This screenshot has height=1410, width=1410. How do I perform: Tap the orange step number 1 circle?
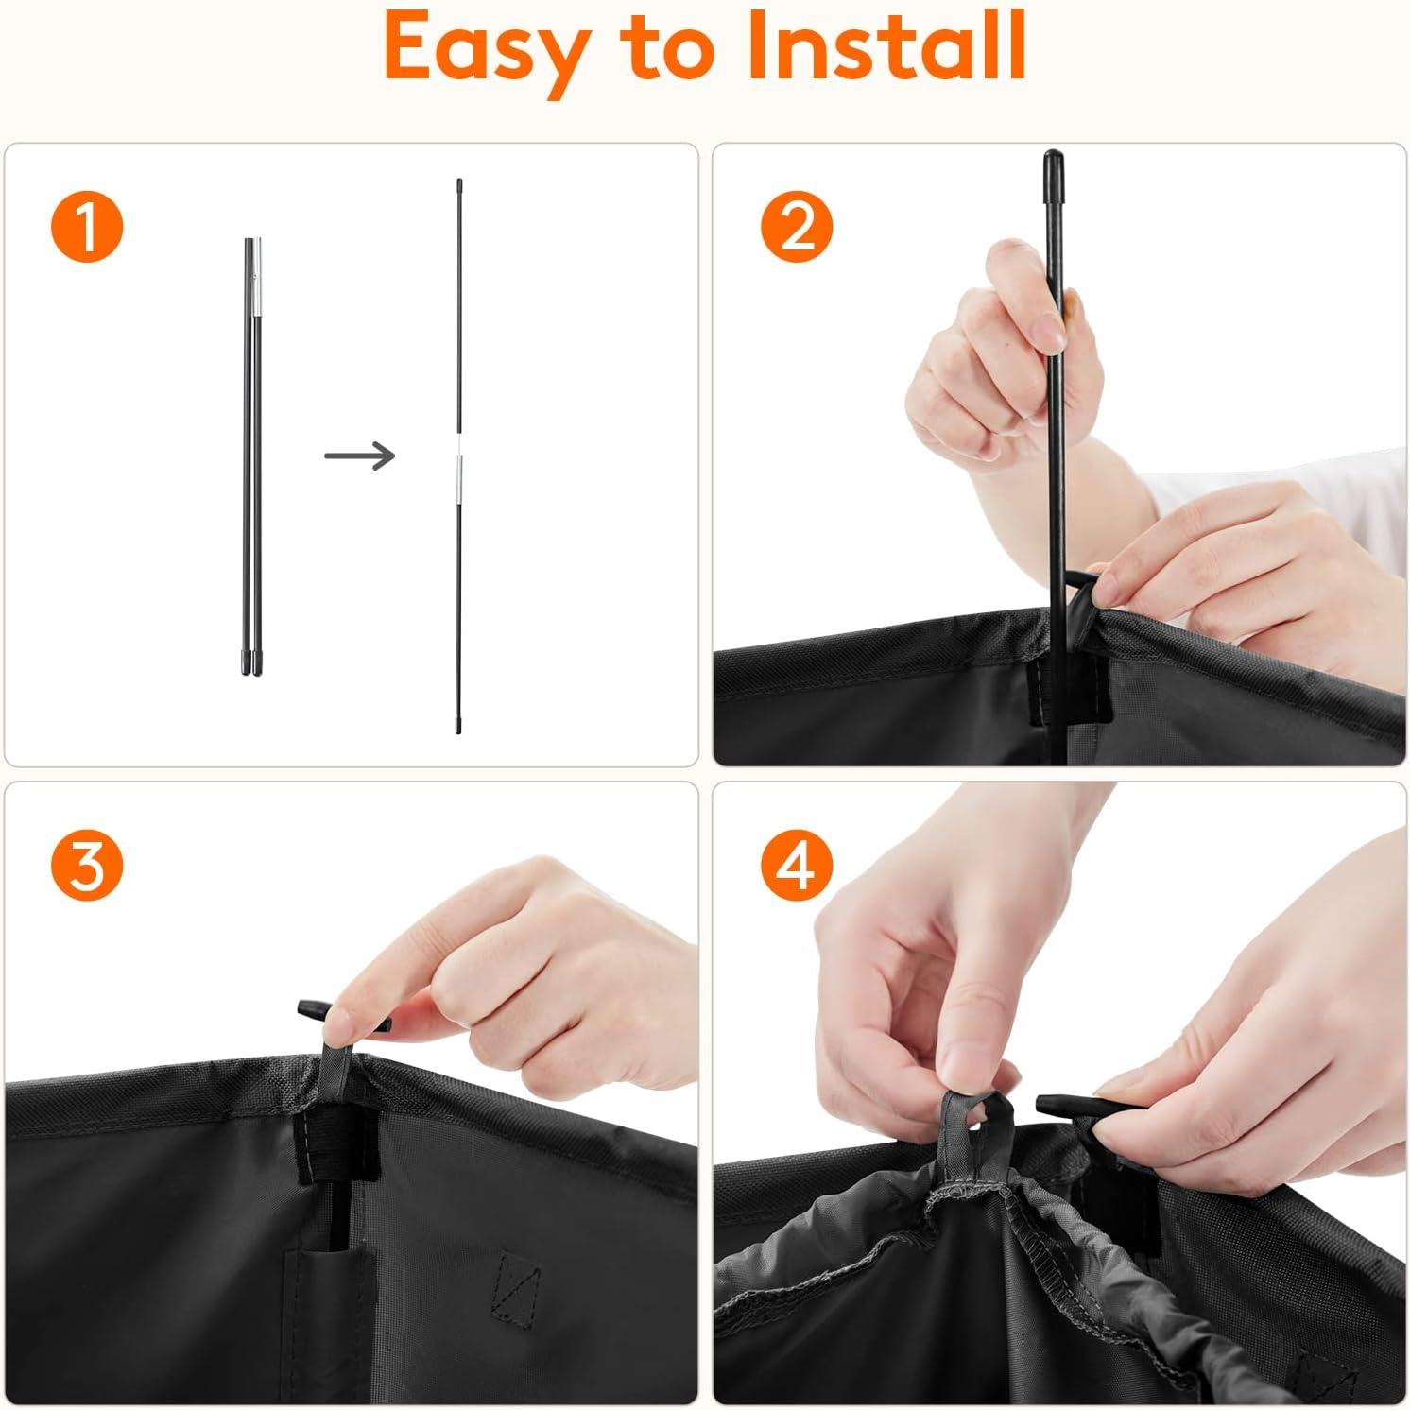tap(87, 227)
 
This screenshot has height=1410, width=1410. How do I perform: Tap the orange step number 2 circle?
tap(797, 227)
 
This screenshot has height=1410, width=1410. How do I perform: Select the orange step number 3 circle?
tap(87, 865)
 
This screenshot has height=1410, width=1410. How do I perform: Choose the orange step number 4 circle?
tap(797, 865)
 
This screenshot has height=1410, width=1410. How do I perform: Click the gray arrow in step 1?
tap(359, 456)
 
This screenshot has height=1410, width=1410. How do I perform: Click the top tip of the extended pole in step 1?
tap(459, 181)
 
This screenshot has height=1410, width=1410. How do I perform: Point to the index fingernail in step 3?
tap(336, 1024)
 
